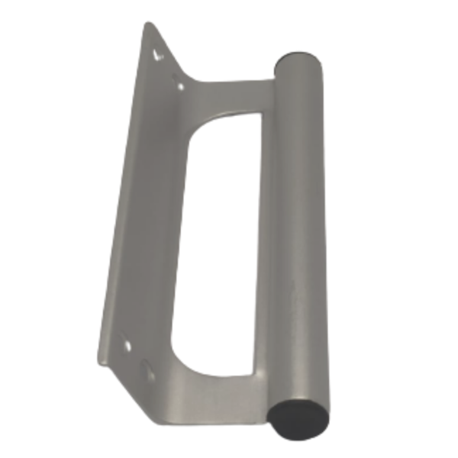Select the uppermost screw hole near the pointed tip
[x=159, y=55]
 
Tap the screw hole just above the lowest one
[x=126, y=346]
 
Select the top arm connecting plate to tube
[x=229, y=95]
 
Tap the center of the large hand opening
[x=218, y=244]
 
